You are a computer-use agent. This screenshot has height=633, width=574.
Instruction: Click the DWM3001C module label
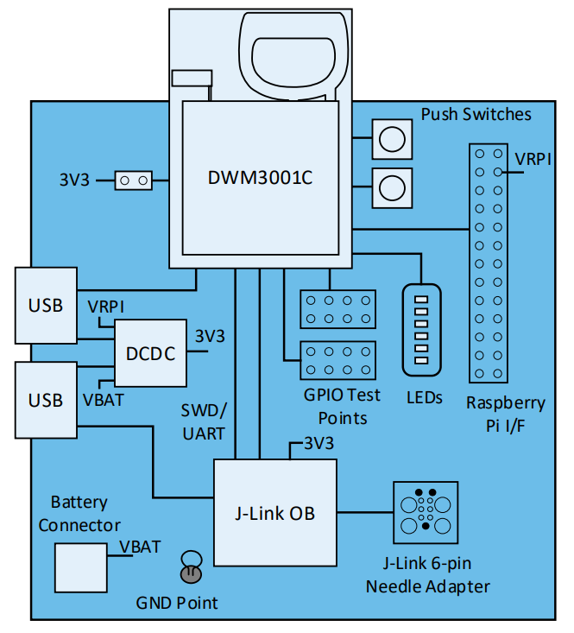coord(260,179)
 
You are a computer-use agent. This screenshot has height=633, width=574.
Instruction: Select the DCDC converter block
coord(150,353)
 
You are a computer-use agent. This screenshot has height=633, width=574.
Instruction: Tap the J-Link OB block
coord(274,512)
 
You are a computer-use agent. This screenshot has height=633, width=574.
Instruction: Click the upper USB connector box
coord(46,306)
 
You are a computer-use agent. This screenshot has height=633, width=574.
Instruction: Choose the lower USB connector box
coord(46,400)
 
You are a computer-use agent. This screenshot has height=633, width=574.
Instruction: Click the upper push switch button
coord(390,138)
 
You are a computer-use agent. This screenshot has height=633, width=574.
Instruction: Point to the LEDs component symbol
coord(422,329)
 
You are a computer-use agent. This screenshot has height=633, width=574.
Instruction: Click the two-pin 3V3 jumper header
coord(134,180)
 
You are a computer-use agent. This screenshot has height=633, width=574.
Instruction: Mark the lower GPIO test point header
coord(337,360)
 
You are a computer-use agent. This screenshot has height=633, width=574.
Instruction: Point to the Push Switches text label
coord(476,114)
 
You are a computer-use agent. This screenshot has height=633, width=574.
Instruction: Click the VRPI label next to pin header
coord(534,160)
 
